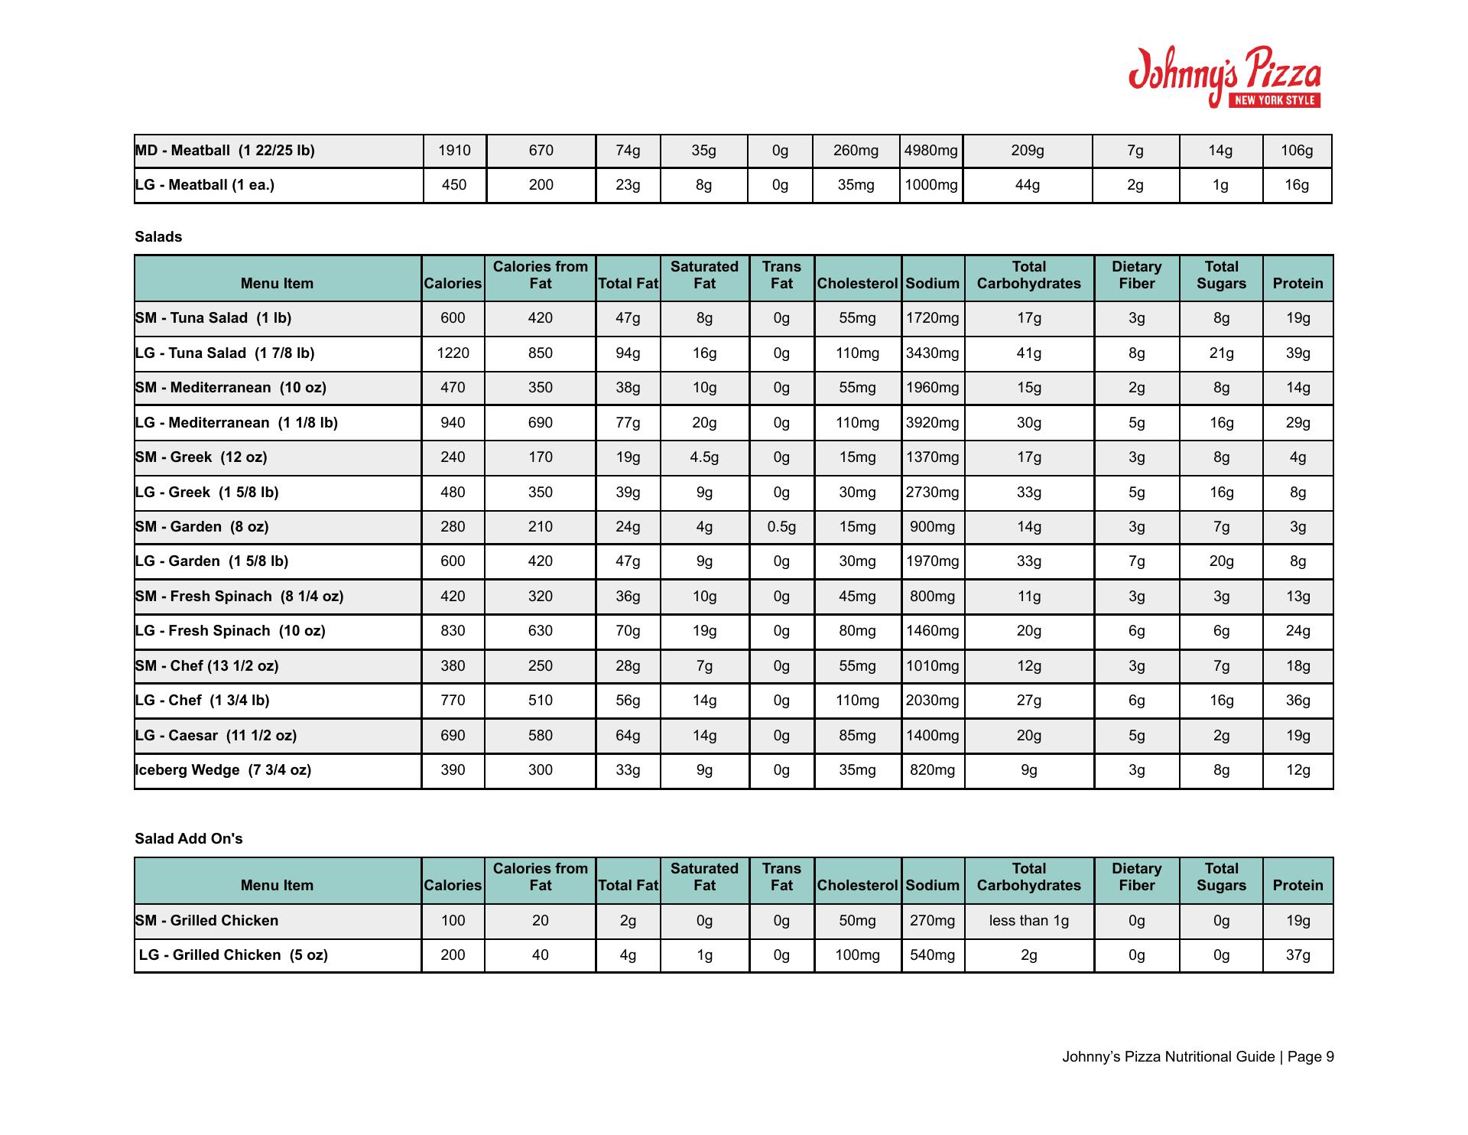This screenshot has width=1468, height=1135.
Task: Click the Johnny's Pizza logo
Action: coord(1225,77)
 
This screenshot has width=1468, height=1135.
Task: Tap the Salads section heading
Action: coord(158,237)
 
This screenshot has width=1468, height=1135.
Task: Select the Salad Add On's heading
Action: coord(188,839)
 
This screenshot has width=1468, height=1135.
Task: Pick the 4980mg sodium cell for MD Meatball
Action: coord(930,151)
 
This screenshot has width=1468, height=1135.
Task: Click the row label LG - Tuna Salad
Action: coord(225,353)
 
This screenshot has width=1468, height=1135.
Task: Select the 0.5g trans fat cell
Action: coord(781,527)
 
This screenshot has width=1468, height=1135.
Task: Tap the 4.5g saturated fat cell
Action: coord(704,457)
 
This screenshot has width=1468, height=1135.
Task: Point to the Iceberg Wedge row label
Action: coord(223,770)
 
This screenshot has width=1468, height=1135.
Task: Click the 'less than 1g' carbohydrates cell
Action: coord(1028,921)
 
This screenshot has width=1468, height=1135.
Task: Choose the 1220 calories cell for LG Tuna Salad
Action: coord(453,353)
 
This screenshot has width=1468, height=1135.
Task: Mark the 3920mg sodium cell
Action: coord(932,423)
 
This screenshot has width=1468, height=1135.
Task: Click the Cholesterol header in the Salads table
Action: coord(857,284)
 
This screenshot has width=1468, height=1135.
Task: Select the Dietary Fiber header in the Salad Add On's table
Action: coord(1136,877)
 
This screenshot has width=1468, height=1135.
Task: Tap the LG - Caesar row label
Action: coord(216,736)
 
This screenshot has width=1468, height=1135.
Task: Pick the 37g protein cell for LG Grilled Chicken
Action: coord(1297,955)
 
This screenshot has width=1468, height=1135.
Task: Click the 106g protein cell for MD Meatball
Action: coord(1297,151)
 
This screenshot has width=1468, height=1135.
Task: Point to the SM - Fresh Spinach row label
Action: coord(239,597)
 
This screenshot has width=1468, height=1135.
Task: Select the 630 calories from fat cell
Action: coord(540,631)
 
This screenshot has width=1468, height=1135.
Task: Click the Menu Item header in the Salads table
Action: coord(277,284)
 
